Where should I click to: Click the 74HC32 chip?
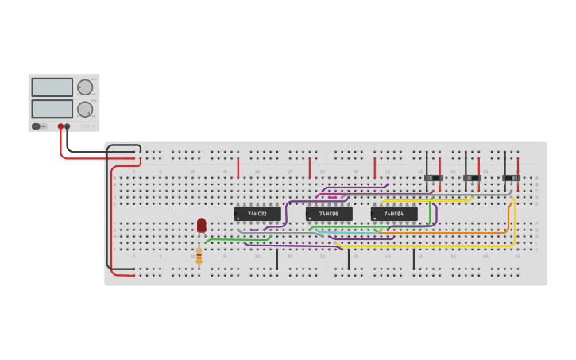257,214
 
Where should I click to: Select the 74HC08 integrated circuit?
329,214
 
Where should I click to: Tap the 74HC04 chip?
394,214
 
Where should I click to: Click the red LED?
202,225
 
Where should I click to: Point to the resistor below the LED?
199,255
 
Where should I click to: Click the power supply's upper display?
52,87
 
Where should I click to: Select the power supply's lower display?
52,108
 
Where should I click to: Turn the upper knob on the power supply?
84,87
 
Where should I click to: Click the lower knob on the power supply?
84,109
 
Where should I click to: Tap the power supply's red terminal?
60,126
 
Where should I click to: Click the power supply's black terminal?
68,126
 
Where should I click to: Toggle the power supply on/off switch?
36,126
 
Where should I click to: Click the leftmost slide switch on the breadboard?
433,177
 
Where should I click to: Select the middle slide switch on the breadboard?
472,177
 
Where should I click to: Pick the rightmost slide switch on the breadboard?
511,177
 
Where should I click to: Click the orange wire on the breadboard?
445,232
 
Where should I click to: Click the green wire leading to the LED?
238,238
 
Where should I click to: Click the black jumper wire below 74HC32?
277,259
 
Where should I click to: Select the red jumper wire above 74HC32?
238,167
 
